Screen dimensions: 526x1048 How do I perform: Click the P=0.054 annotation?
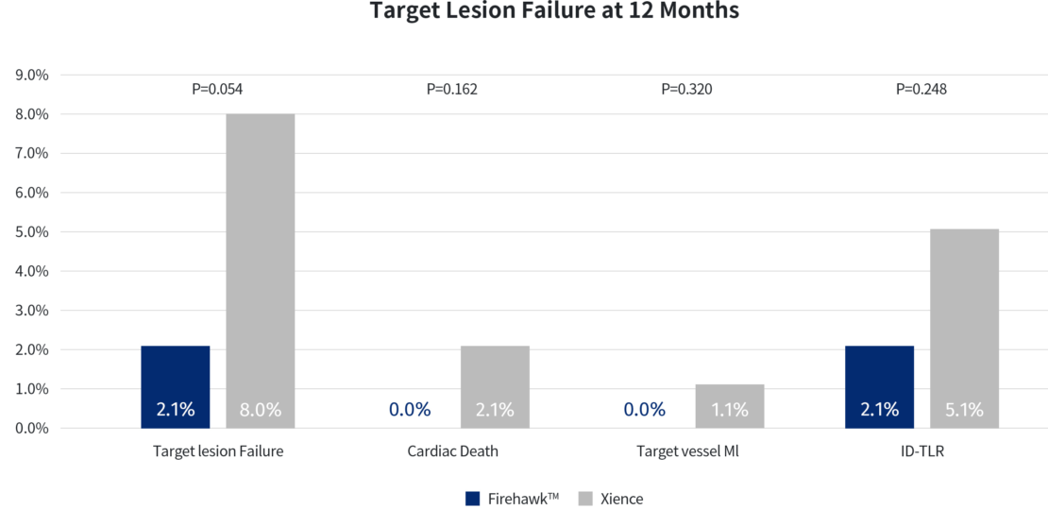[x=218, y=90]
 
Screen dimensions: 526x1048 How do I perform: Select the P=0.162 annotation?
[x=452, y=90]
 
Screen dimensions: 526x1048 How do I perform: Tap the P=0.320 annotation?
[x=686, y=90]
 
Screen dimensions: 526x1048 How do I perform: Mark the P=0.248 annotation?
[x=921, y=90]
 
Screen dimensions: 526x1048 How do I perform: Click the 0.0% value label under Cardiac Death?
[x=410, y=410]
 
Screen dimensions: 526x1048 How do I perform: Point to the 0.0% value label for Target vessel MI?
[x=644, y=410]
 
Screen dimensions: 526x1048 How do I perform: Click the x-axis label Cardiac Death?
[x=453, y=451]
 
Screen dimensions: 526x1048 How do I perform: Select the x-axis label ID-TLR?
[x=921, y=451]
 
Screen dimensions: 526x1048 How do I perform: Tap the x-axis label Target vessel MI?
[x=687, y=451]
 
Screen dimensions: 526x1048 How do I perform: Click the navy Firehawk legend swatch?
[x=473, y=499]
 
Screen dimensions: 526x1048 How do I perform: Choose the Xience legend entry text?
[x=621, y=499]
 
